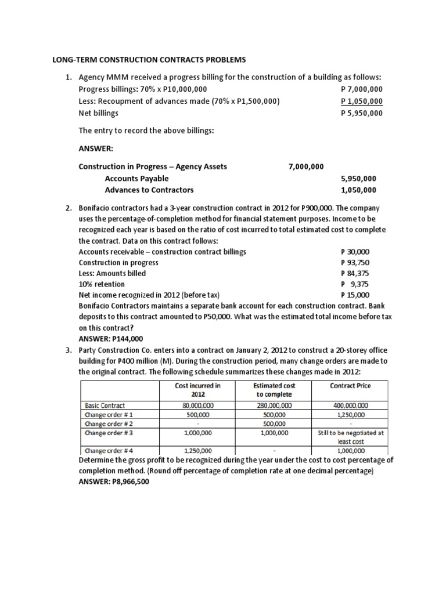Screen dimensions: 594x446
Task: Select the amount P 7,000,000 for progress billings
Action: (x=361, y=89)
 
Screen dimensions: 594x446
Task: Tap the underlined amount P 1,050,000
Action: (x=361, y=101)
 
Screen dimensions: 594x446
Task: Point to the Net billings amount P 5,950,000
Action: (x=361, y=113)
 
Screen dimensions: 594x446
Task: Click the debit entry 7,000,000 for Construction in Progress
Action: (x=306, y=166)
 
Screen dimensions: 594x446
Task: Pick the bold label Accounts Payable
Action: (x=136, y=178)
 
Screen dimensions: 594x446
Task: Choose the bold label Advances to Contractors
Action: (x=149, y=190)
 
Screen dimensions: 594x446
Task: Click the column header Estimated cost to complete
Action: (x=272, y=389)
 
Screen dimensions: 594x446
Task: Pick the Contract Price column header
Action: (x=350, y=385)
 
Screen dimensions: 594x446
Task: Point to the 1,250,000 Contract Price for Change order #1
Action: (x=350, y=415)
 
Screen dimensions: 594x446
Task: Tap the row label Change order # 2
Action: (x=109, y=423)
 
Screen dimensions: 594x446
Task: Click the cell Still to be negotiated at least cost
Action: (x=350, y=436)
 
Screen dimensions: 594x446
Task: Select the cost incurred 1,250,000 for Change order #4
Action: (x=197, y=450)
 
